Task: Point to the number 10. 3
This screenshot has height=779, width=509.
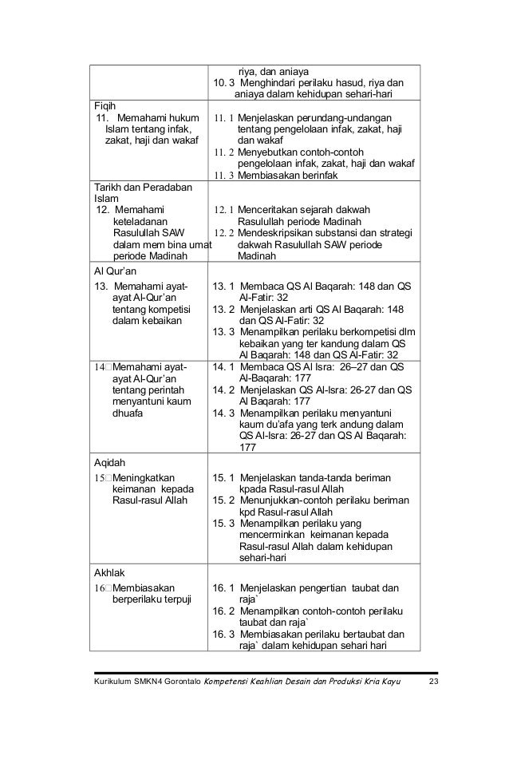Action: click(221, 82)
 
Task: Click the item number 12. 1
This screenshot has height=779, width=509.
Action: click(223, 210)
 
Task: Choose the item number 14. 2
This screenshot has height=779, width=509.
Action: click(223, 390)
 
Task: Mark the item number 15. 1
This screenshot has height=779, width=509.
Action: click(223, 478)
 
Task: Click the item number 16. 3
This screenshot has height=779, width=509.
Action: click(223, 635)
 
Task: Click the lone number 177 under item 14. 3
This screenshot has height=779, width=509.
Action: click(248, 449)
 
